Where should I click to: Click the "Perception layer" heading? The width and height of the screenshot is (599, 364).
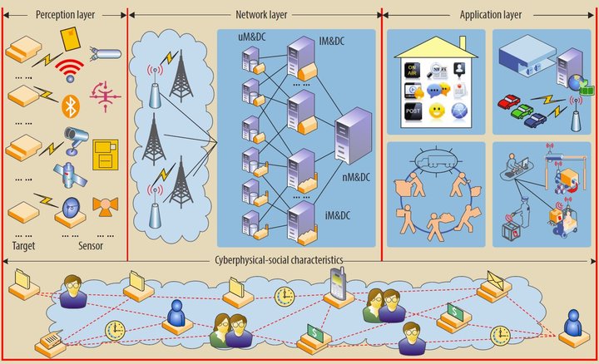[x=65, y=14]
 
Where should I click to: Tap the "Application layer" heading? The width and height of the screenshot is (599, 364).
[x=490, y=14]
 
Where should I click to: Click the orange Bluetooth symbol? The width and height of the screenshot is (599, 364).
[x=70, y=105]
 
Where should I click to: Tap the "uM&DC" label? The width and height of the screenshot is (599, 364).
[x=252, y=37]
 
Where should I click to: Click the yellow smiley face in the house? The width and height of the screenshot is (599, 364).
[x=437, y=111]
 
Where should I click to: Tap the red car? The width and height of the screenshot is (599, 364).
[x=509, y=103]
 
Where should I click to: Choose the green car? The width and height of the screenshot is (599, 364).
[x=522, y=111]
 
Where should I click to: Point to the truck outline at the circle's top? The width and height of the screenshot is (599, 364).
[x=435, y=155]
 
